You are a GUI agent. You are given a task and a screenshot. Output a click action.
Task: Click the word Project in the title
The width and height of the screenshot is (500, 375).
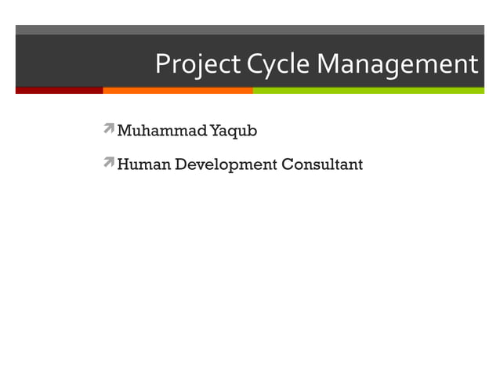pyautogui.click(x=198, y=64)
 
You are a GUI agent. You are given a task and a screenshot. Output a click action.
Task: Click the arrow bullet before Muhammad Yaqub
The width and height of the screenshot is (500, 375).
pyautogui.click(x=108, y=128)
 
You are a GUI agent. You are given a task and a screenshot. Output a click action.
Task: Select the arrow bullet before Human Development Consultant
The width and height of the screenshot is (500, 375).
pyautogui.click(x=108, y=162)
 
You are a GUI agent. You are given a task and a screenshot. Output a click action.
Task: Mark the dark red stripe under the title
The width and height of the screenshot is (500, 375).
pyautogui.click(x=59, y=91)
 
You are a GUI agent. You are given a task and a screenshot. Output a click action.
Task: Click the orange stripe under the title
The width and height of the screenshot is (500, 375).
pyautogui.click(x=177, y=91)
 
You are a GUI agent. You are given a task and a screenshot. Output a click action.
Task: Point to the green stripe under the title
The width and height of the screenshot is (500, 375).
pyautogui.click(x=368, y=91)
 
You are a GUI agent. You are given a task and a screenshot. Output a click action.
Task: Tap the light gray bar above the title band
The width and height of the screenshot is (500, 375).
pyautogui.click(x=250, y=30)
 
